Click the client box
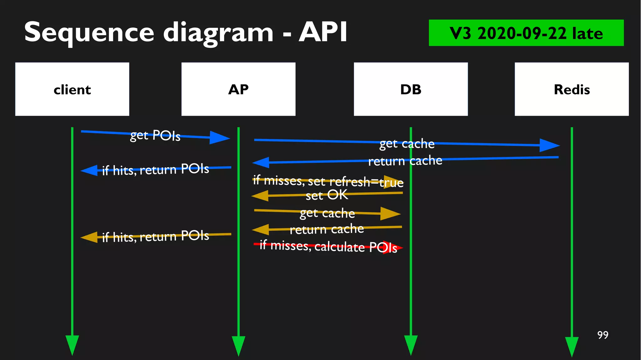[72, 89]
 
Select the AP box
[238, 89]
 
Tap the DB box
[411, 89]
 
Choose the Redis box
[572, 89]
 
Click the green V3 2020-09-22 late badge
[526, 33]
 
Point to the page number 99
[603, 335]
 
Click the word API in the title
[323, 32]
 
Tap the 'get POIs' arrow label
[155, 135]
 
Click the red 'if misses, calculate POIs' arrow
[329, 246]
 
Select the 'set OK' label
[327, 195]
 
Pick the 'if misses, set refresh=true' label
[328, 181]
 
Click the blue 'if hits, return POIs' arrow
[156, 169]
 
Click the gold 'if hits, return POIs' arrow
[156, 236]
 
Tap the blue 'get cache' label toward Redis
[407, 144]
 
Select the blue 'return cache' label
[405, 161]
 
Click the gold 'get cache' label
[327, 213]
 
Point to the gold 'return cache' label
[327, 229]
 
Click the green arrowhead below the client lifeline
[72, 344]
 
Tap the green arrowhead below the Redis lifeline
[572, 346]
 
